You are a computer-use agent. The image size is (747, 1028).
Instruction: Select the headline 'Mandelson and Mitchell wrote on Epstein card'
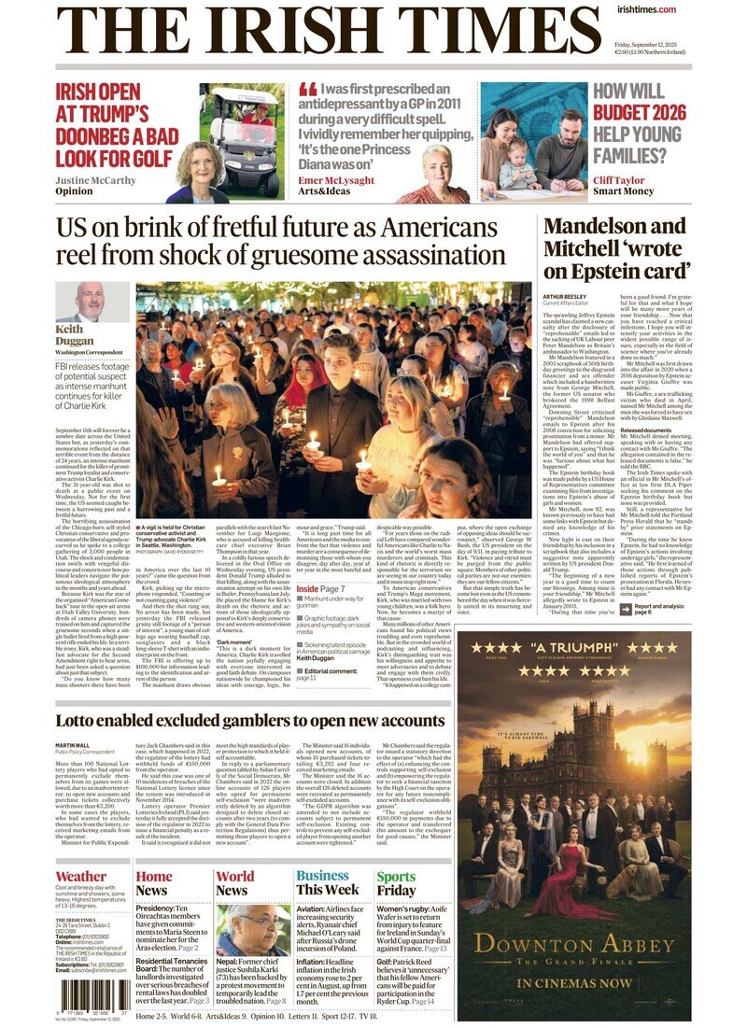pyautogui.click(x=616, y=247)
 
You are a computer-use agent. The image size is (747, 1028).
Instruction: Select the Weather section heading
pyautogui.click(x=81, y=877)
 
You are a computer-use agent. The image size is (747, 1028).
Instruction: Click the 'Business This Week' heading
pyautogui.click(x=327, y=882)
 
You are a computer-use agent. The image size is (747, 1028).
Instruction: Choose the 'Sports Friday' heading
pyautogui.click(x=397, y=882)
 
